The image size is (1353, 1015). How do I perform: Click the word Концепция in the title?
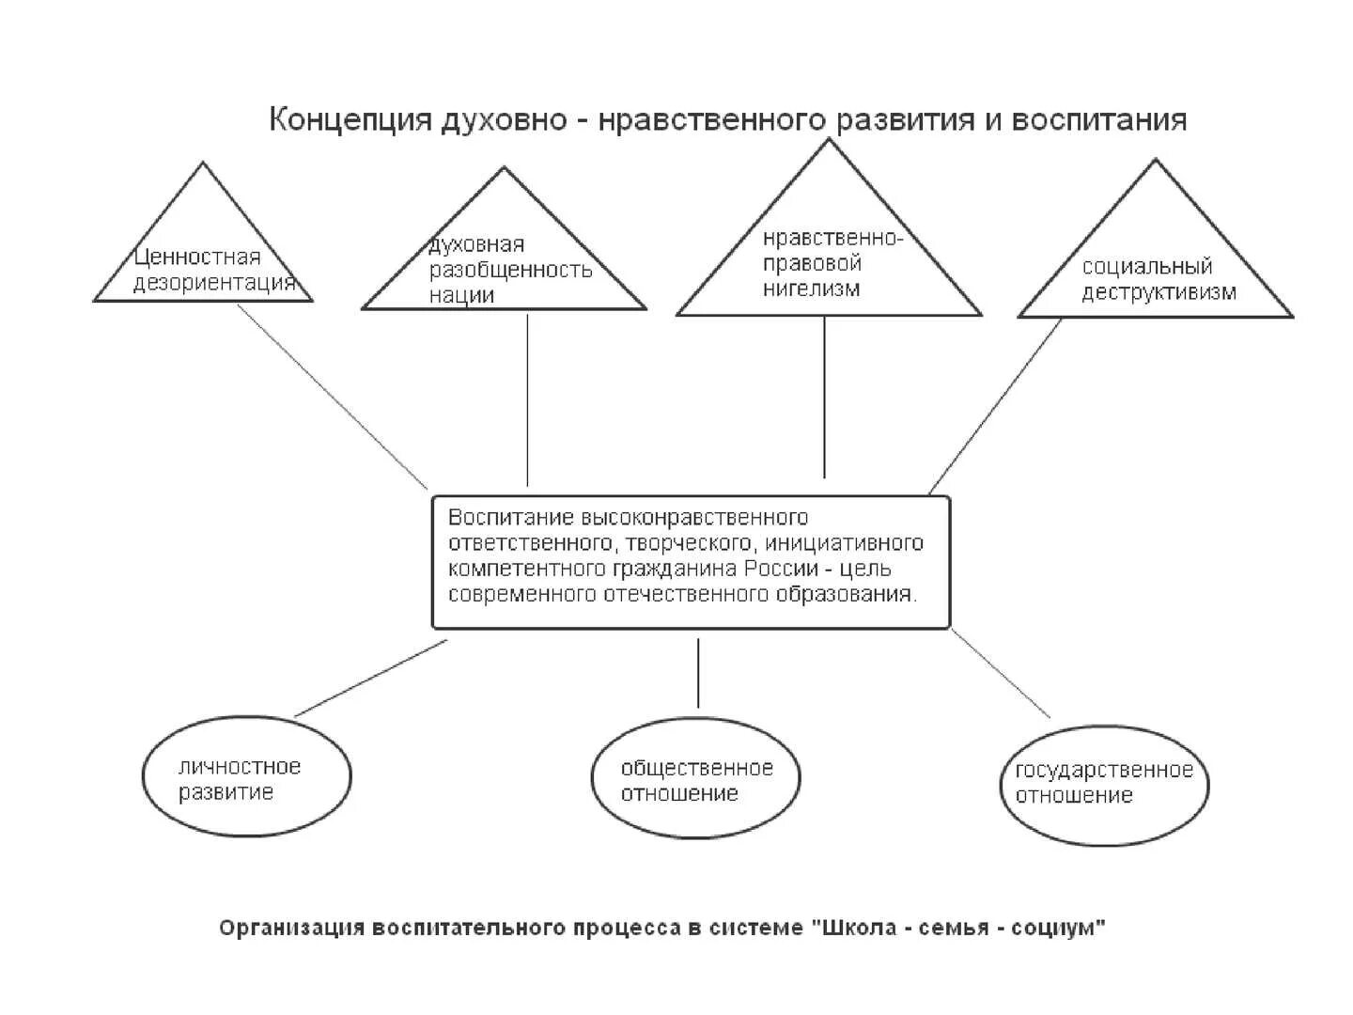tap(350, 121)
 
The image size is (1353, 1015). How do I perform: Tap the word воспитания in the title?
tap(1098, 121)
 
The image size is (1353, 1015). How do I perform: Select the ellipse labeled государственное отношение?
tap(1104, 784)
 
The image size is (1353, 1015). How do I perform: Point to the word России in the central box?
tap(784, 569)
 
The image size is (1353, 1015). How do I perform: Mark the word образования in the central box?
tap(857, 594)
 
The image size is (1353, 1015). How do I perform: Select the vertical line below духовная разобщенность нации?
tap(527, 399)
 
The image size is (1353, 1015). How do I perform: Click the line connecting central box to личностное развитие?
tap(371, 678)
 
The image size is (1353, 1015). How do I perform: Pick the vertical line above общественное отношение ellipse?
tap(698, 672)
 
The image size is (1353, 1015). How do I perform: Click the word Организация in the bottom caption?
tap(291, 929)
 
